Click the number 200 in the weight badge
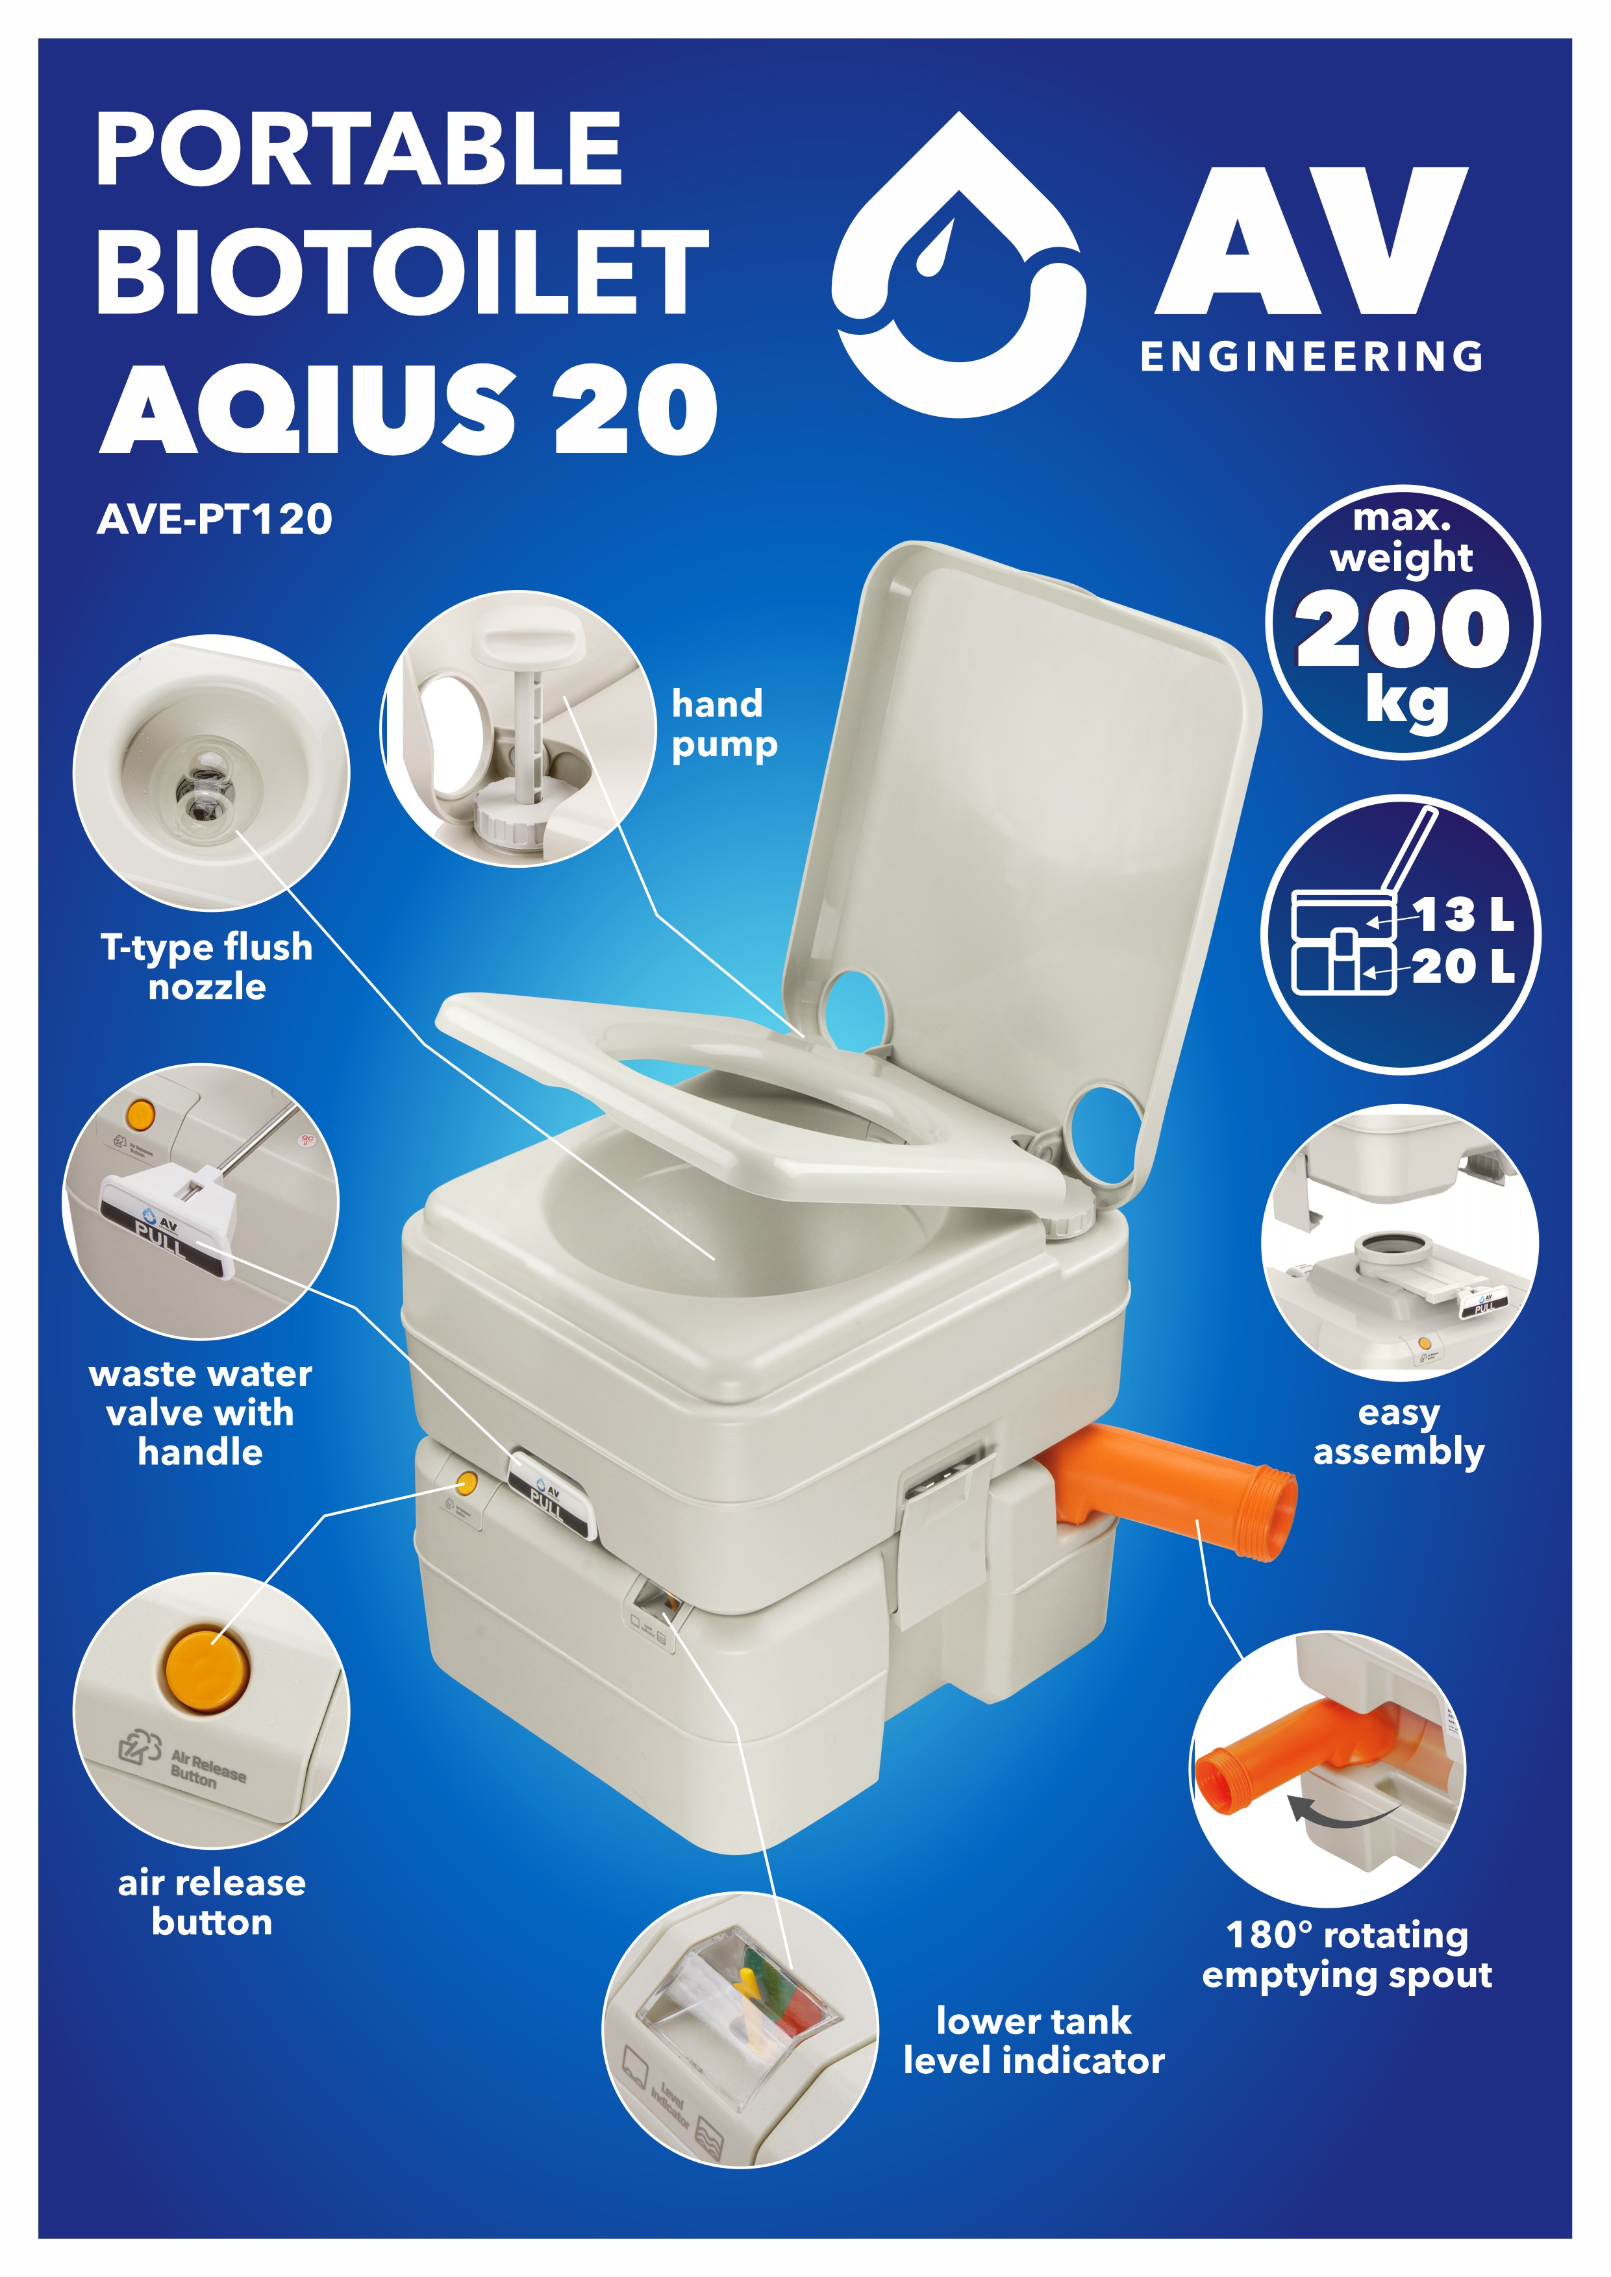coord(1402,629)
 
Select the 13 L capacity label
coord(1463,915)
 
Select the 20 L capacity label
coord(1463,966)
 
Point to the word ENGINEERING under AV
coord(1312,357)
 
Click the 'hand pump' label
coord(724,724)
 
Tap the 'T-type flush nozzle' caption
coord(206,967)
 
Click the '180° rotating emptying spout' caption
coord(1347,1954)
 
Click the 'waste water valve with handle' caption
coord(201,1413)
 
